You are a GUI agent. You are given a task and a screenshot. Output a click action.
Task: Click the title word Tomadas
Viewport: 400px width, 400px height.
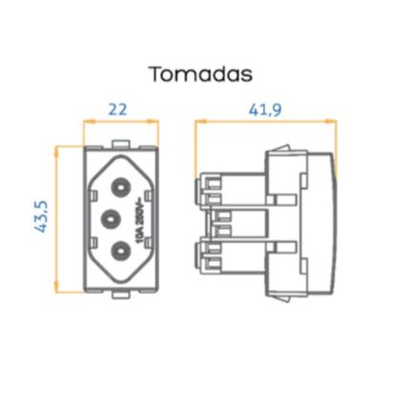coord(199,73)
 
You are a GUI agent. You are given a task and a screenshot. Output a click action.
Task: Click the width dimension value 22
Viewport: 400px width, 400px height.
coord(118,109)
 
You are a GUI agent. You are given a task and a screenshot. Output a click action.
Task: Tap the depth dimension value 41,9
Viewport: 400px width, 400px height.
coord(265,109)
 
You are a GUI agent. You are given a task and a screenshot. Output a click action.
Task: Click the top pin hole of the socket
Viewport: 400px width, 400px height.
coord(121,179)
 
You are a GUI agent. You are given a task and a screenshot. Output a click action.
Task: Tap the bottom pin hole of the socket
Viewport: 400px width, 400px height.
coord(121,251)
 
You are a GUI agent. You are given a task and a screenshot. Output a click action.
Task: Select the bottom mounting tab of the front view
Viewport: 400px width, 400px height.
coord(117,291)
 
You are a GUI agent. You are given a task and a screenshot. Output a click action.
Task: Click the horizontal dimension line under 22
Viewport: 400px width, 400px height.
coord(118,121)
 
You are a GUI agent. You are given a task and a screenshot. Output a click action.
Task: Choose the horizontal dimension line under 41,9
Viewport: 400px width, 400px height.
coord(266,121)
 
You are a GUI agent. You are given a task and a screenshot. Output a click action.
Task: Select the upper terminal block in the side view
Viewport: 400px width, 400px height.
coord(217,189)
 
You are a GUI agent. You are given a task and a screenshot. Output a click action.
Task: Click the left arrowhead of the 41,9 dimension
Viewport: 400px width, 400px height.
coord(198,121)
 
